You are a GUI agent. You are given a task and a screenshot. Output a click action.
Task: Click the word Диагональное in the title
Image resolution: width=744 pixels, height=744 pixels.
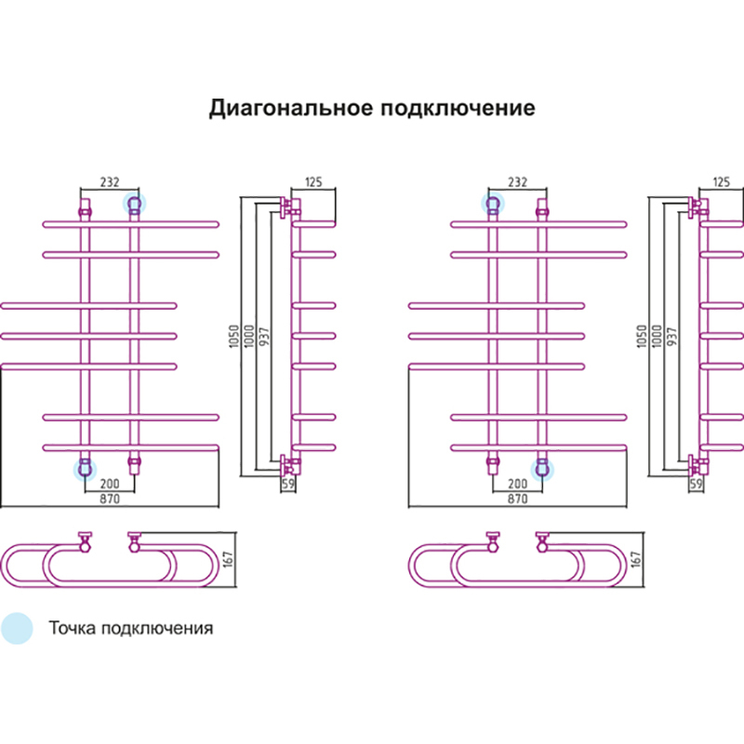(x=290, y=108)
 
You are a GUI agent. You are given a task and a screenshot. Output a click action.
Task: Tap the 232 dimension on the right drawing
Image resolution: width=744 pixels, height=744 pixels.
(x=517, y=181)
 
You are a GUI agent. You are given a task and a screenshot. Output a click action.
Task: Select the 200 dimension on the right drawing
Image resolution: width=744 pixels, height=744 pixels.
(x=517, y=485)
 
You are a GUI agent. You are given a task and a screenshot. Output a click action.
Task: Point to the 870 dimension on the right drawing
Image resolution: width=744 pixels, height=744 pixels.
(x=517, y=499)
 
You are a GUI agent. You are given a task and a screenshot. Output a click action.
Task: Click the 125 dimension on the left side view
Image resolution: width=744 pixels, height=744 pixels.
(x=313, y=181)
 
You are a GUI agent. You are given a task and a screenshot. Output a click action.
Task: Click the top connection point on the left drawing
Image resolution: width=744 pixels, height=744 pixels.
(x=134, y=204)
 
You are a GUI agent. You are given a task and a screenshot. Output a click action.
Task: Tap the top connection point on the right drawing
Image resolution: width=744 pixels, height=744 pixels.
(x=492, y=204)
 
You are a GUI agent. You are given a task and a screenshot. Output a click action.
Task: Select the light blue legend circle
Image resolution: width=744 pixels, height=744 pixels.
(x=16, y=628)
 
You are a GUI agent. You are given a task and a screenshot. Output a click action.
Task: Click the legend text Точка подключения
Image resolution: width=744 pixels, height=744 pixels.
(x=130, y=628)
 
